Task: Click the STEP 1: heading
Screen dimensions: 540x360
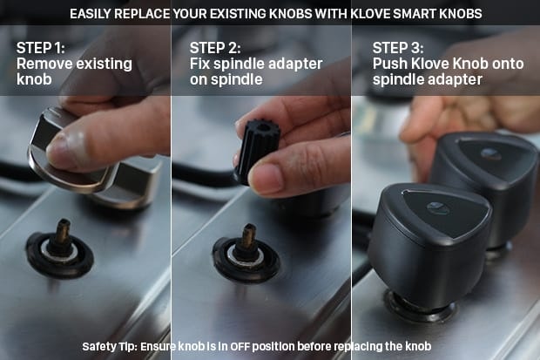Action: [x=40, y=48]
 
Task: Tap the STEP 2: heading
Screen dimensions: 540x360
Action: [x=215, y=48]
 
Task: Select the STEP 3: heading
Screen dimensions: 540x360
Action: [x=398, y=48]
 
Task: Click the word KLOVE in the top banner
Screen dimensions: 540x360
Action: [x=370, y=14]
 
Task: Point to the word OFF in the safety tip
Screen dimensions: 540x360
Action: [x=239, y=346]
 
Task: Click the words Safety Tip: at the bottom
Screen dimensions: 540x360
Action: [x=110, y=347]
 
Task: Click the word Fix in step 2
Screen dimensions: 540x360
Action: [x=199, y=64]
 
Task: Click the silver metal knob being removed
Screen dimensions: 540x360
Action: [x=93, y=162]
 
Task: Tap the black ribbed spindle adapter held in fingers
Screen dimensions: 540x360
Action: [x=257, y=150]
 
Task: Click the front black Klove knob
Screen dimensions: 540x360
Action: [x=430, y=245]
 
